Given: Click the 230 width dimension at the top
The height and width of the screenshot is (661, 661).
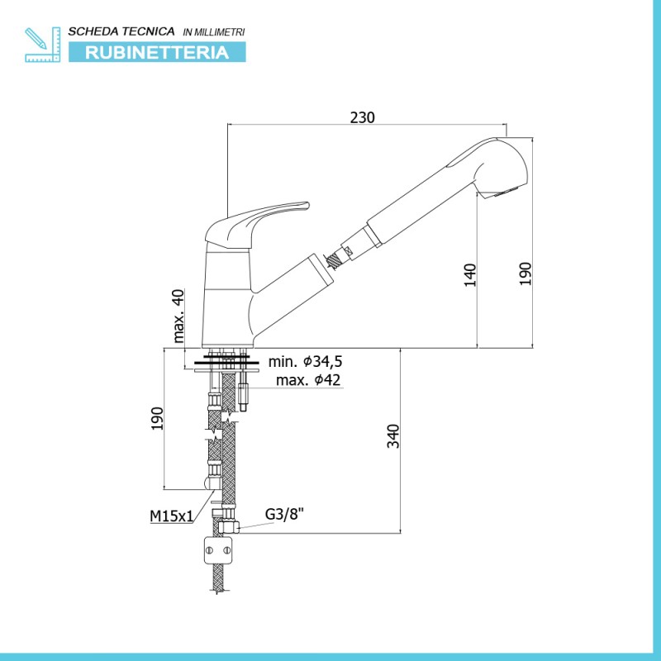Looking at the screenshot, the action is click(362, 117).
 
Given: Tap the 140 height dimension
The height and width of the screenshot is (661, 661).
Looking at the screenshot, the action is click(470, 275).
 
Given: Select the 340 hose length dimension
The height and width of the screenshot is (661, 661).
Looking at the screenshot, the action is click(393, 436).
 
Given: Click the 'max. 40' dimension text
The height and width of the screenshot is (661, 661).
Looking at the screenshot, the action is click(178, 316).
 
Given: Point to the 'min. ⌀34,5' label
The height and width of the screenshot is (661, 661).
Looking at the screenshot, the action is click(305, 361).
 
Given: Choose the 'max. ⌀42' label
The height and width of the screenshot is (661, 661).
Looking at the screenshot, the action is click(307, 380).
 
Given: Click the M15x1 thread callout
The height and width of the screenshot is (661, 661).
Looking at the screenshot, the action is click(172, 516).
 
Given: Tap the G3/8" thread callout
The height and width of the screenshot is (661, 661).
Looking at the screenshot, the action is click(284, 514).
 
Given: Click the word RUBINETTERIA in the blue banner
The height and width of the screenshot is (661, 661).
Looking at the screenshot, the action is click(157, 53).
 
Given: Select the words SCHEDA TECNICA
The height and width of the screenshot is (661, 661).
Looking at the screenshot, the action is click(121, 31).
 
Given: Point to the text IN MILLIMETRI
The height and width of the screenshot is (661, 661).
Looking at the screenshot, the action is click(214, 32).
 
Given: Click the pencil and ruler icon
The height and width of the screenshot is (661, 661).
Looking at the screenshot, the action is click(43, 45).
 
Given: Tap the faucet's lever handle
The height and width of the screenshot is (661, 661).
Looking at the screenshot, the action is click(257, 226).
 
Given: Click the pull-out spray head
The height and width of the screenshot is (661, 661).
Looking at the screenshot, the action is click(447, 191).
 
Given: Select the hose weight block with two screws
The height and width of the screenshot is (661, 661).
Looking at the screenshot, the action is click(219, 549).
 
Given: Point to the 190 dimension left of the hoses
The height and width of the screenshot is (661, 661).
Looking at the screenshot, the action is click(157, 418).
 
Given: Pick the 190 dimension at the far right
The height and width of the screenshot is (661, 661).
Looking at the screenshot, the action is click(525, 273).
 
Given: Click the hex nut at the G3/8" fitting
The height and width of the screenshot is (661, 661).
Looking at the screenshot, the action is click(229, 526).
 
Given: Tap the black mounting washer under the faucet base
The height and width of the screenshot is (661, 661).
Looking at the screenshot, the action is click(226, 362).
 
